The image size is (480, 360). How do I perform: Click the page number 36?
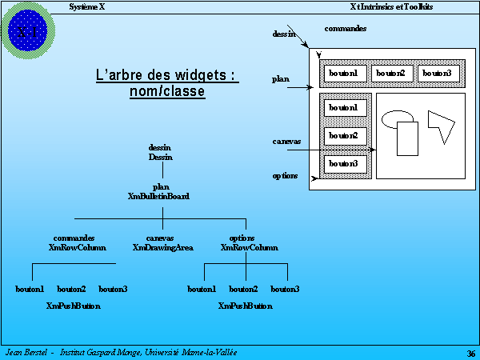coord(470,353)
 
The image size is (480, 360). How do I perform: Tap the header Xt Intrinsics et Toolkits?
coord(391,6)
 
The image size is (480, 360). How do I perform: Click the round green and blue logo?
coord(28,30)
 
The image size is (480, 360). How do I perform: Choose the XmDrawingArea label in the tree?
coord(162,248)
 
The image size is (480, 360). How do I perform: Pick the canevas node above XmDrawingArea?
coord(160,238)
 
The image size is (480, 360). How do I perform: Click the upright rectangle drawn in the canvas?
coord(407,138)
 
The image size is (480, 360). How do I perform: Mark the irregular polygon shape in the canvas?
coord(439,125)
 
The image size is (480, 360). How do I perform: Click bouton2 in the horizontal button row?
coord(390,74)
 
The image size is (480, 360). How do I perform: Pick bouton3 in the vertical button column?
coord(343,164)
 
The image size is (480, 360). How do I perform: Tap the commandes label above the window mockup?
coord(346,29)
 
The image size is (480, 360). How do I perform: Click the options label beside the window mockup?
coord(285,175)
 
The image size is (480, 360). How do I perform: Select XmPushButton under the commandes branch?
coord(74,306)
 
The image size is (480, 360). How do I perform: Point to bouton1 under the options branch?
coord(202,289)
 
